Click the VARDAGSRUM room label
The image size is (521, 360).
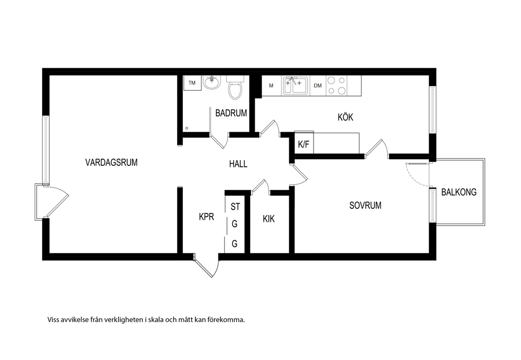111,162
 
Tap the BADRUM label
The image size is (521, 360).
231,113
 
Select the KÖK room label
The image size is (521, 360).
345,117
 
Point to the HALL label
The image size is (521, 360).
238,164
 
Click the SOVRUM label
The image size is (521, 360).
365,205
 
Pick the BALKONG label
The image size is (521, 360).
459,192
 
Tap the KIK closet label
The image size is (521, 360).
268,219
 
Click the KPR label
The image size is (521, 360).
206,217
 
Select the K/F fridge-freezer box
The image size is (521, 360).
304,143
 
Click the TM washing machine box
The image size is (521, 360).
192,83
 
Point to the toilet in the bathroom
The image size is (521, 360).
235,88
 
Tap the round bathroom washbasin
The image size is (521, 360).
212,82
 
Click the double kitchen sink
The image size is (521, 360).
295,86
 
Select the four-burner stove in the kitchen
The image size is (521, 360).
337,86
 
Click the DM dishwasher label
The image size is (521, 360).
318,86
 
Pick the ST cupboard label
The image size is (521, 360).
235,207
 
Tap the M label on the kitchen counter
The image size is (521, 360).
271,86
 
